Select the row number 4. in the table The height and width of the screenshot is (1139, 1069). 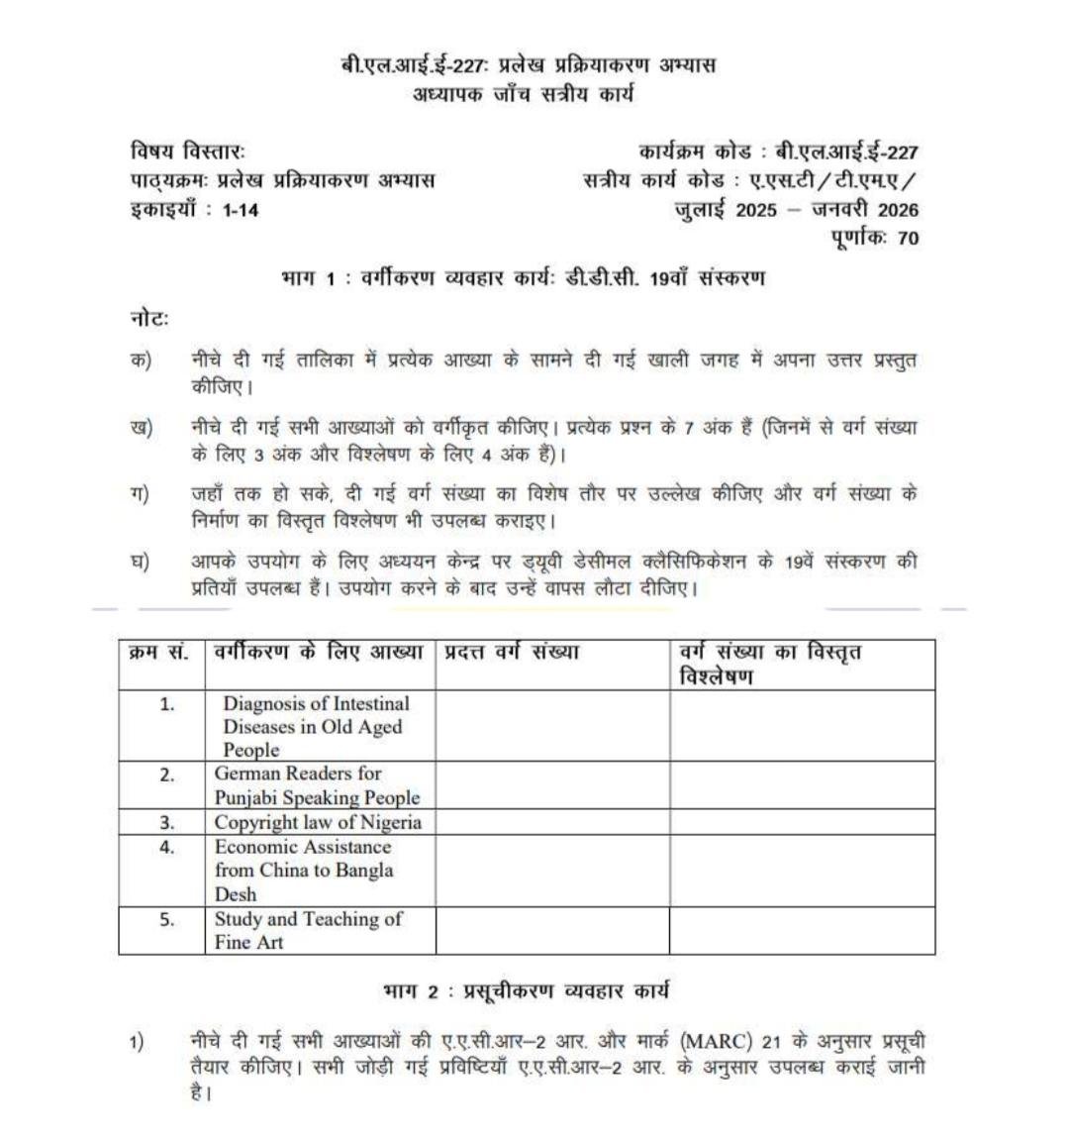click(166, 847)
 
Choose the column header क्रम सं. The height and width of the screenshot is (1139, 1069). click(160, 653)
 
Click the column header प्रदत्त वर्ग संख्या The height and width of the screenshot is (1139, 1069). click(511, 653)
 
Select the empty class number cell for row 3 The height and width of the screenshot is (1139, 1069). click(552, 822)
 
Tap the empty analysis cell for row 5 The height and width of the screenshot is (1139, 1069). click(802, 930)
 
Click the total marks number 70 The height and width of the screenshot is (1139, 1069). click(908, 238)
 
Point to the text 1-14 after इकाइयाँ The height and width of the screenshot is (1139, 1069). click(241, 210)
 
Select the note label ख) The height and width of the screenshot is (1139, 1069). click(141, 429)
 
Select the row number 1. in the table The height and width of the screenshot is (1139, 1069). click(166, 703)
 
